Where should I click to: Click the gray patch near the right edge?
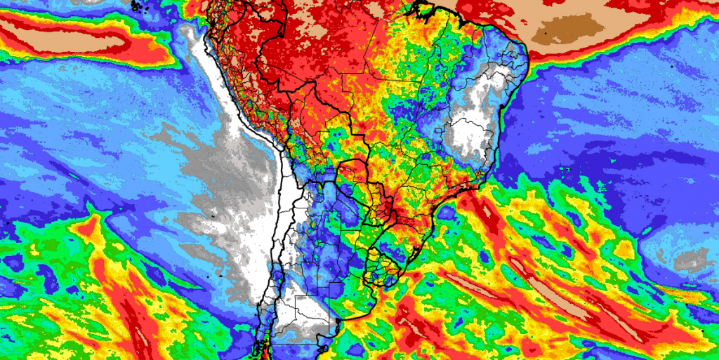[x=691, y=260]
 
